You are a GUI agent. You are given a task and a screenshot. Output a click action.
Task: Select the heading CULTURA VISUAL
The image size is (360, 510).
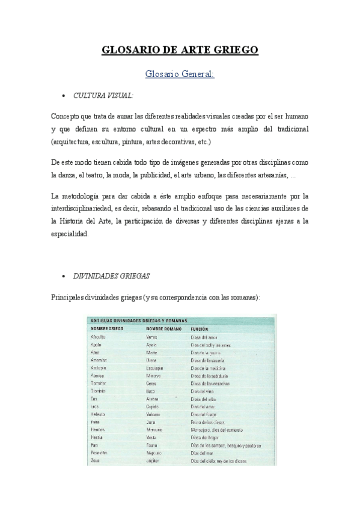click(103, 96)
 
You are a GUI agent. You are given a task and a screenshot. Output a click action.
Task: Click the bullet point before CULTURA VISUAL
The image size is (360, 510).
click(64, 96)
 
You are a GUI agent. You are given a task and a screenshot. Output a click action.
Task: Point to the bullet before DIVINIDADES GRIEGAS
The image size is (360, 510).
click(64, 277)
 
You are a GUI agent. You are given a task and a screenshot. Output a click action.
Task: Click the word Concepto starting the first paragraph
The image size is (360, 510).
click(68, 115)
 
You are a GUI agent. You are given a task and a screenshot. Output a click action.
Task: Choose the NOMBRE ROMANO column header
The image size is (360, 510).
click(163, 329)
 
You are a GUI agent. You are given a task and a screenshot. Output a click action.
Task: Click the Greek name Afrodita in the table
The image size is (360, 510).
click(98, 337)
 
